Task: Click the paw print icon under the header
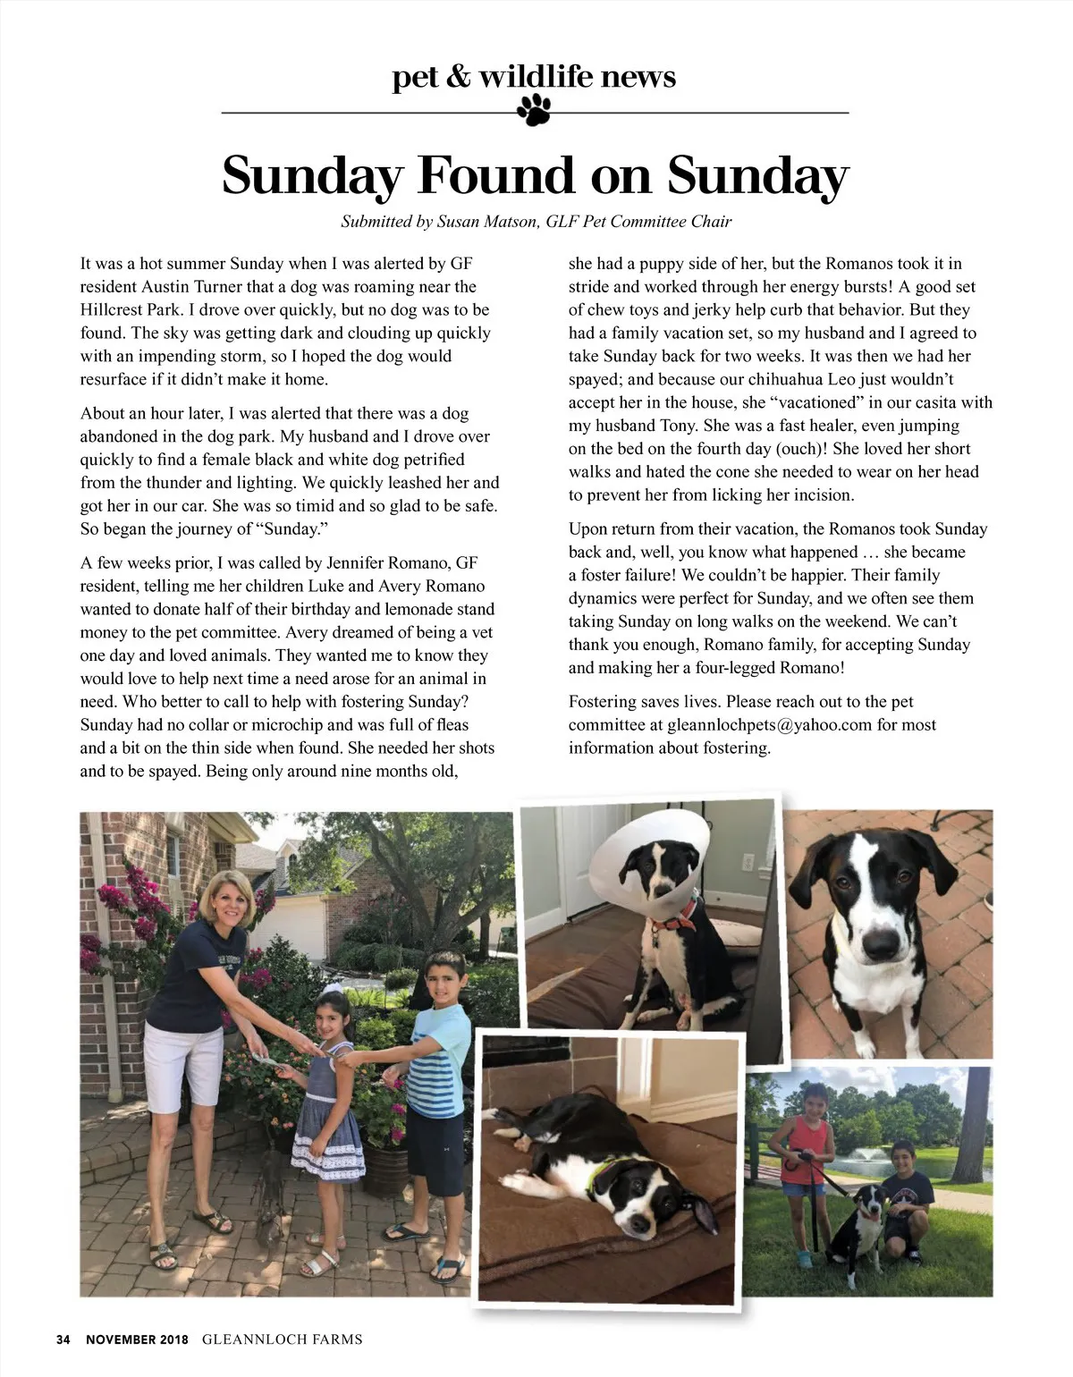point(534,110)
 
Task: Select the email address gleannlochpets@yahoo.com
point(769,725)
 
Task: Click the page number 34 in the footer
point(63,1339)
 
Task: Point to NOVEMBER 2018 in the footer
point(137,1339)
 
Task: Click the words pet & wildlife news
point(534,77)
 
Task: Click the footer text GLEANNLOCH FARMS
point(283,1339)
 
